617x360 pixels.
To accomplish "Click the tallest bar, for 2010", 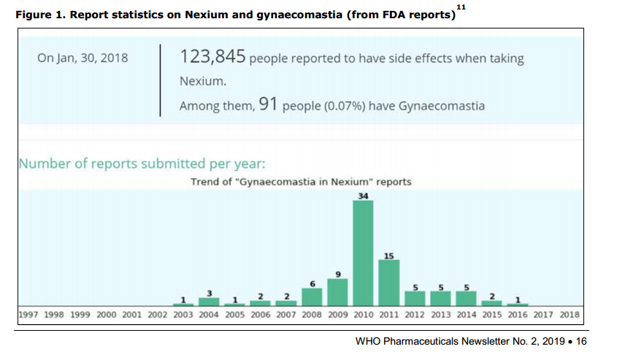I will click(x=363, y=253).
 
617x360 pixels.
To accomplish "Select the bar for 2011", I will click(x=389, y=283).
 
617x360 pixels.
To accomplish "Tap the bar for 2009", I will click(x=337, y=291).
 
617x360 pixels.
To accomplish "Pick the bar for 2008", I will click(x=312, y=296).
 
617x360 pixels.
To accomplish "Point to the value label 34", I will click(x=363, y=196).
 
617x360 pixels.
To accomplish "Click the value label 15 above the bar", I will click(x=389, y=255).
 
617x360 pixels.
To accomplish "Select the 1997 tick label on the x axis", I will click(x=28, y=315).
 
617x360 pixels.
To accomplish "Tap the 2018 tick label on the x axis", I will click(x=570, y=315).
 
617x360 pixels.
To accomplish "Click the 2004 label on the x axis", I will click(x=209, y=315).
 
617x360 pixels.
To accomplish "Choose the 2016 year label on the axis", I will click(x=518, y=315).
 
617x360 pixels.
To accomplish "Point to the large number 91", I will click(x=269, y=105).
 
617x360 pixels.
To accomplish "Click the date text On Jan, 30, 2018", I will click(x=83, y=58).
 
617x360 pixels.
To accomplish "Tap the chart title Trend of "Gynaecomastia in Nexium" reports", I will click(x=301, y=182).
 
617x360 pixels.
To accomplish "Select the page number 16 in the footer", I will click(x=581, y=341).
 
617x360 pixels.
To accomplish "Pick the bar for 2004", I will click(x=209, y=301).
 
